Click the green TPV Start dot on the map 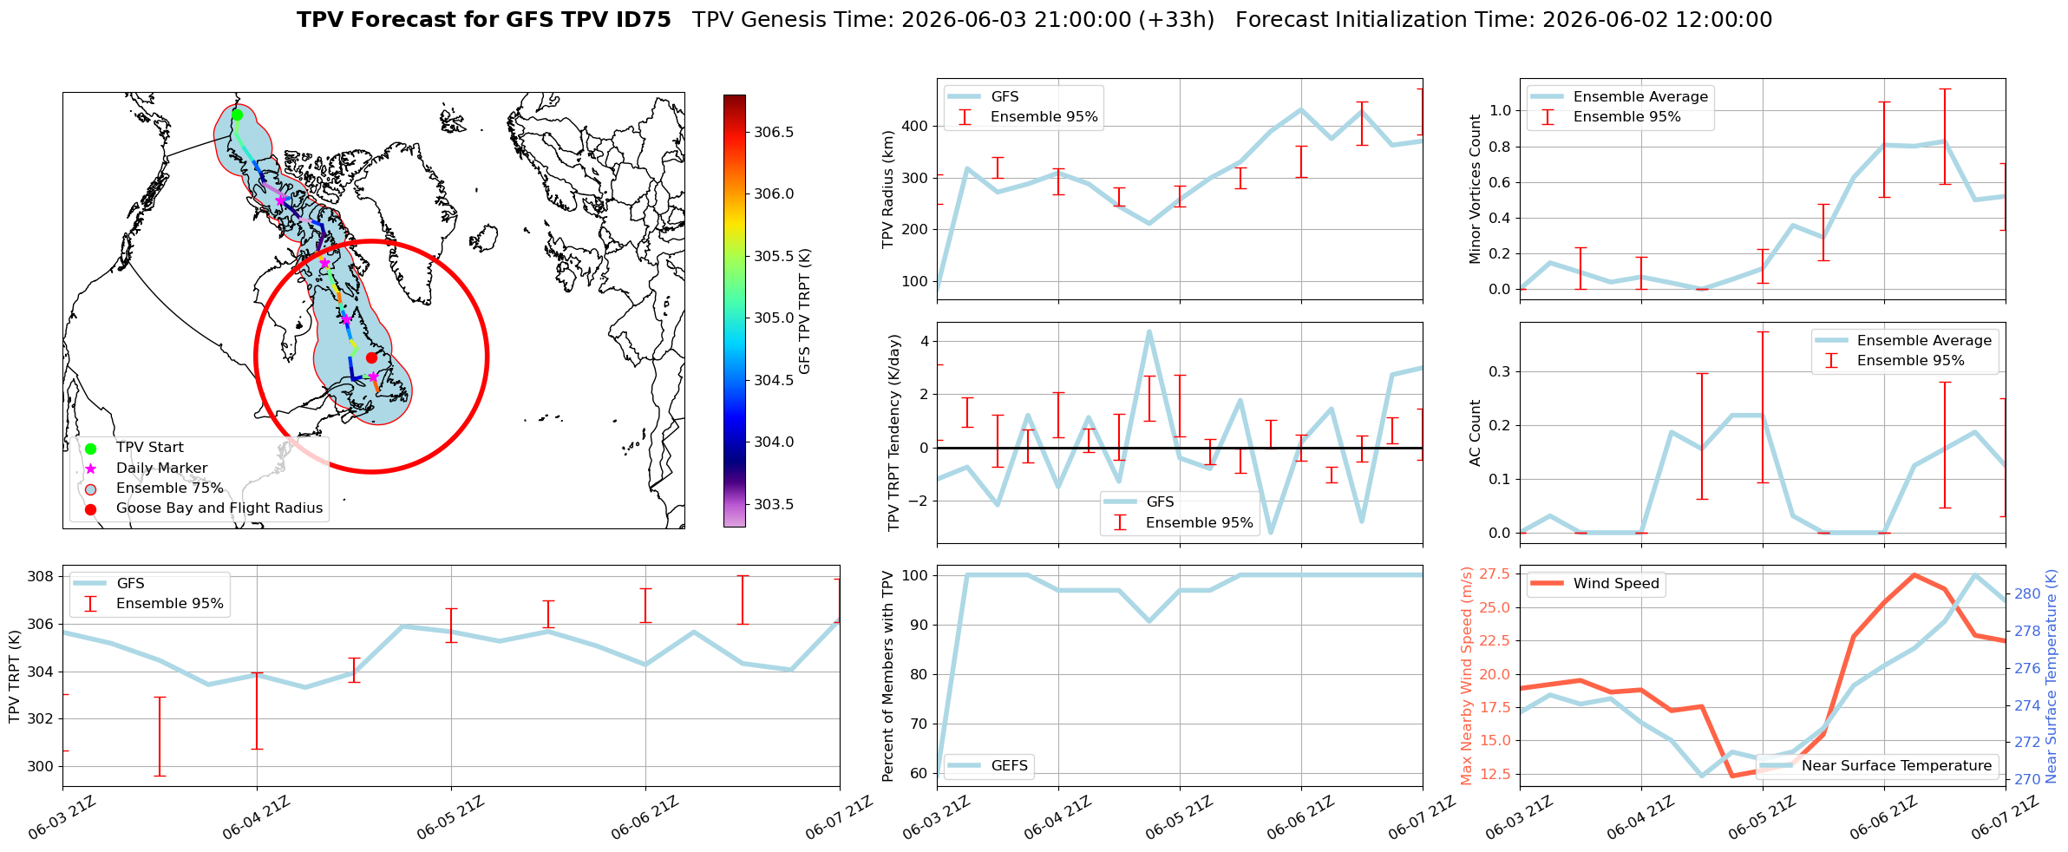tap(237, 115)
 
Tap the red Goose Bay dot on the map tap(371, 357)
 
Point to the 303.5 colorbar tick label tap(773, 504)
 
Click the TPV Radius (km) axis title tap(887, 189)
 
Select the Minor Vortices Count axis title tap(1475, 189)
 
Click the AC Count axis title tap(1475, 433)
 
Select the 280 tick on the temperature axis tap(2027, 594)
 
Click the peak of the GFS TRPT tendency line tap(1149, 331)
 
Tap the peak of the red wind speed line tap(1914, 574)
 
